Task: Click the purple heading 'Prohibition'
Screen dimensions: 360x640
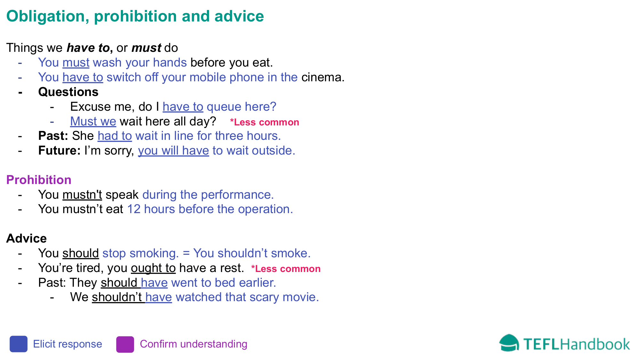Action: (x=39, y=180)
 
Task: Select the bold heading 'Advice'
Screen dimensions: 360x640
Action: (x=27, y=239)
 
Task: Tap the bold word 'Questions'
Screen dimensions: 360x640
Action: (x=68, y=92)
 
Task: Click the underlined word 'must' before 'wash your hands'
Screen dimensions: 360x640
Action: (x=76, y=63)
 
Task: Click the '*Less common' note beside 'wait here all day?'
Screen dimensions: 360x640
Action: (x=264, y=122)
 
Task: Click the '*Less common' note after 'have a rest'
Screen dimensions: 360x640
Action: (x=286, y=269)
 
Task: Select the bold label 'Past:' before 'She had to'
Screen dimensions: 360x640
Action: (x=53, y=136)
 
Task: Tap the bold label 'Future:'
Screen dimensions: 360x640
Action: (x=59, y=151)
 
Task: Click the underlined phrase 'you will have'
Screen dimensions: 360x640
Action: (x=173, y=151)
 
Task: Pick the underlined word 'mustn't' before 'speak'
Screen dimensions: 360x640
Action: (x=82, y=195)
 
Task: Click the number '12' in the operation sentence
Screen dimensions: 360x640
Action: (x=134, y=209)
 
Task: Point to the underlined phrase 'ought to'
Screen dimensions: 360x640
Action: (x=153, y=268)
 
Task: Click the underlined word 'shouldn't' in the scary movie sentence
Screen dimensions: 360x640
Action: (x=117, y=297)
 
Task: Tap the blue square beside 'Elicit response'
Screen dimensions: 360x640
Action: (x=19, y=344)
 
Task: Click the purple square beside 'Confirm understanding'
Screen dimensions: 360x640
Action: (x=125, y=344)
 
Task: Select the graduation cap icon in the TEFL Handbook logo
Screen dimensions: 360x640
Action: (x=509, y=343)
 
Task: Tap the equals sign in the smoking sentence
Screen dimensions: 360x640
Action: (x=186, y=253)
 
